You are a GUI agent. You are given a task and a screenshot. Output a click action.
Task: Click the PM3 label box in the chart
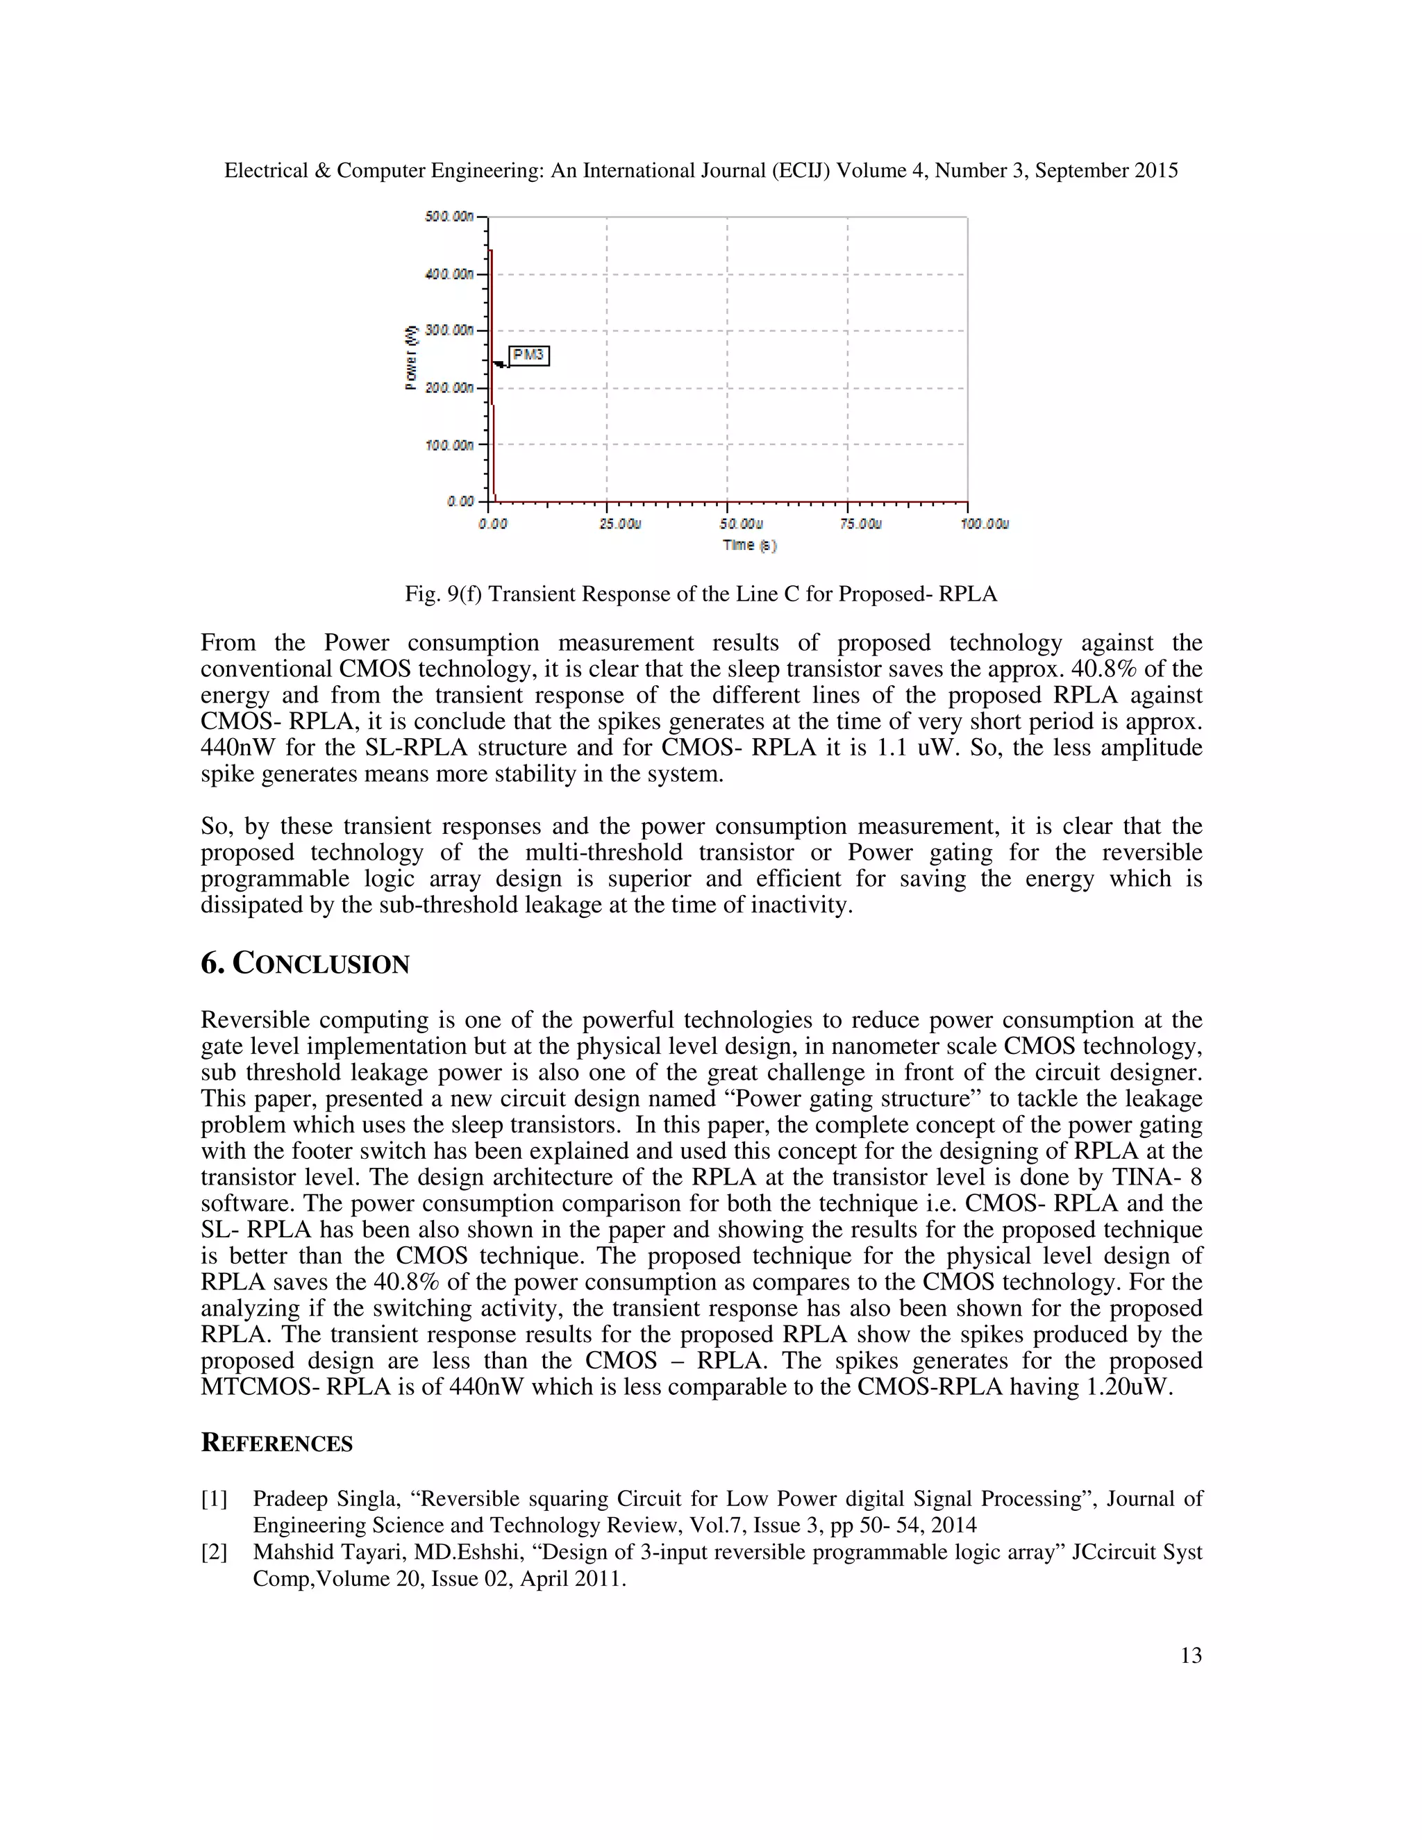tap(529, 356)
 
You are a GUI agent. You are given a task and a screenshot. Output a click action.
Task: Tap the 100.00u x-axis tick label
tap(984, 524)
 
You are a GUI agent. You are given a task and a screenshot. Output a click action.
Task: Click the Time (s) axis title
tap(749, 545)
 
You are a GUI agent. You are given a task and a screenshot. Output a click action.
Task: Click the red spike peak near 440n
tap(491, 251)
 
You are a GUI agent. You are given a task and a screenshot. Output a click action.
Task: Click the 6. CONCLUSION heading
tap(305, 963)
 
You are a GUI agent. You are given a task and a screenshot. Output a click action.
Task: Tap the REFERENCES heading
tap(276, 1444)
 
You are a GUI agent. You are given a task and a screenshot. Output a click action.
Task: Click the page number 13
tap(1190, 1655)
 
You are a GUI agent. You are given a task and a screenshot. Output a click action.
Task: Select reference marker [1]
tap(214, 1499)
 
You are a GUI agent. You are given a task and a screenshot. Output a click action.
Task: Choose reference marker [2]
tap(214, 1552)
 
